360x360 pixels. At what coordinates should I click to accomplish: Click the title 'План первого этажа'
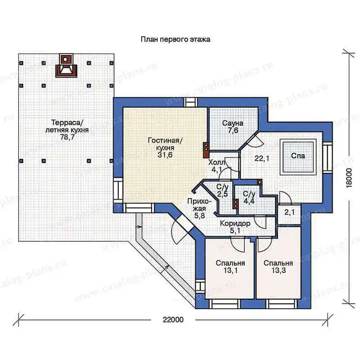(175, 40)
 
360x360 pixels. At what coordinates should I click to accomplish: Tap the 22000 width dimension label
(173, 319)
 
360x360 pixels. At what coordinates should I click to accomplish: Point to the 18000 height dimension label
(349, 178)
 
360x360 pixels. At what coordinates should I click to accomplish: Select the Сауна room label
(233, 123)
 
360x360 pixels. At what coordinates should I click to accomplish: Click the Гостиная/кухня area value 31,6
(165, 155)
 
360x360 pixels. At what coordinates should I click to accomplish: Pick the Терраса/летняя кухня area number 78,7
(67, 137)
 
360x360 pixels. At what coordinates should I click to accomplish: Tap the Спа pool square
(298, 157)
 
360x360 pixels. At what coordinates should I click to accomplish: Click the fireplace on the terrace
(66, 65)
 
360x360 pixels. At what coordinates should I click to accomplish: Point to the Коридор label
(235, 223)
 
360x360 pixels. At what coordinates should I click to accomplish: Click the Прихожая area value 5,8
(199, 216)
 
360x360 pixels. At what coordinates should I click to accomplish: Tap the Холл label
(217, 162)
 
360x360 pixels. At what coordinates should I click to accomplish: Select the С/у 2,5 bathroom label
(222, 190)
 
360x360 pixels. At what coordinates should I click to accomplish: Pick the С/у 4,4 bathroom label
(249, 198)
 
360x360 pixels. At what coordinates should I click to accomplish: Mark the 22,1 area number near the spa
(262, 158)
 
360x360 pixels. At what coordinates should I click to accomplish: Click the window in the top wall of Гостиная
(190, 102)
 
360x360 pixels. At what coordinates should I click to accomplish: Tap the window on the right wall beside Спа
(328, 157)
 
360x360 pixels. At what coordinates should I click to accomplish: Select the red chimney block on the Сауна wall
(206, 150)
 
